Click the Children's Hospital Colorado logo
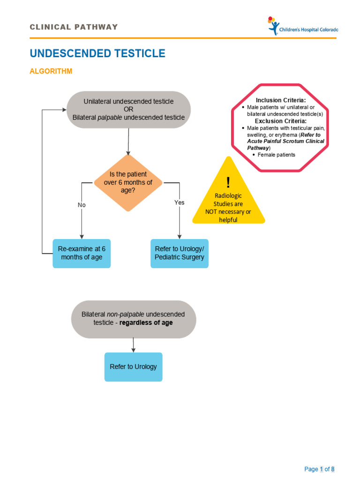pos(302,26)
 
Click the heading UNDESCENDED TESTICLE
pos(97,53)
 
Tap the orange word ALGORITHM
pos(51,71)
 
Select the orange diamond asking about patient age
pos(128,182)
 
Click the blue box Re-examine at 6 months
pos(82,253)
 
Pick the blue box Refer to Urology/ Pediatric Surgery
pos(180,253)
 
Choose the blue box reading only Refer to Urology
pos(133,367)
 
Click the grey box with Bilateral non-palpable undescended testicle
pos(133,319)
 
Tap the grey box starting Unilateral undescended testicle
pos(128,109)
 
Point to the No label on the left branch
pos(82,205)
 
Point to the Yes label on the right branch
pos(180,202)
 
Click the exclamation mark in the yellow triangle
pos(228,183)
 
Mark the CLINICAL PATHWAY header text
pos(74,27)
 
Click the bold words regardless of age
pos(146,323)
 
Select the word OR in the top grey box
pos(128,109)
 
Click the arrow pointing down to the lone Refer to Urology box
pos(134,345)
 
